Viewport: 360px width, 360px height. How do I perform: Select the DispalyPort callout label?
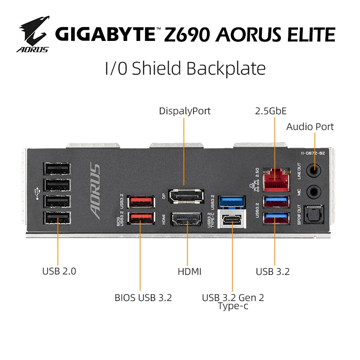tap(184, 111)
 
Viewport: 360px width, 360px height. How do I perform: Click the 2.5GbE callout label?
tap(270, 111)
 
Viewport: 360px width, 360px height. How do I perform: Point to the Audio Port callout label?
tap(310, 127)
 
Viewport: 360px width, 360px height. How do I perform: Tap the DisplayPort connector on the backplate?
tap(186, 196)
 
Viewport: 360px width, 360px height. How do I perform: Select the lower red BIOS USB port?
tap(139, 218)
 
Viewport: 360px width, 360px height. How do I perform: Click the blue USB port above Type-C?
tap(232, 200)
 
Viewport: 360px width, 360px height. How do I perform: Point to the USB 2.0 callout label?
tap(59, 271)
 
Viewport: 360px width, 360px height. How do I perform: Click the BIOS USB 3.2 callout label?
tap(143, 297)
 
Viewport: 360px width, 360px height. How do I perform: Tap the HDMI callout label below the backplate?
tap(189, 271)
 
